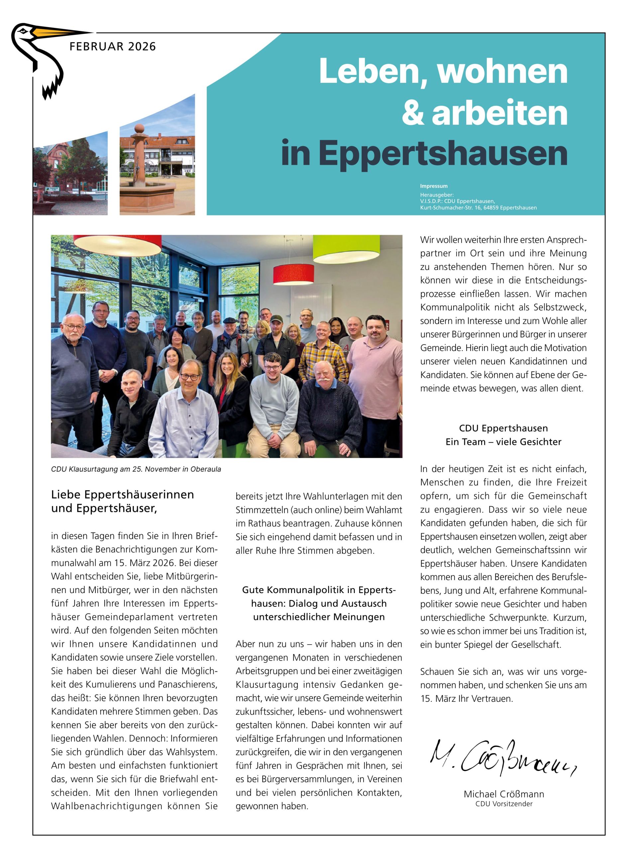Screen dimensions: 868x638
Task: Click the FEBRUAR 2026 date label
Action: pos(112,47)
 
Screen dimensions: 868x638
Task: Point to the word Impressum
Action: pos(433,186)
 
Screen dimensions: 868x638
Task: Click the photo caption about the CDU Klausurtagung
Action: pos(136,469)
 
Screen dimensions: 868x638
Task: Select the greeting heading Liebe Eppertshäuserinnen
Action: pos(122,495)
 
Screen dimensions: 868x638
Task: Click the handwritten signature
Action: pos(502,758)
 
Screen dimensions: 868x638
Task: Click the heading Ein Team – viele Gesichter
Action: pos(503,442)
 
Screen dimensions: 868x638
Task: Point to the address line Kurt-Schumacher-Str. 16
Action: pos(478,208)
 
